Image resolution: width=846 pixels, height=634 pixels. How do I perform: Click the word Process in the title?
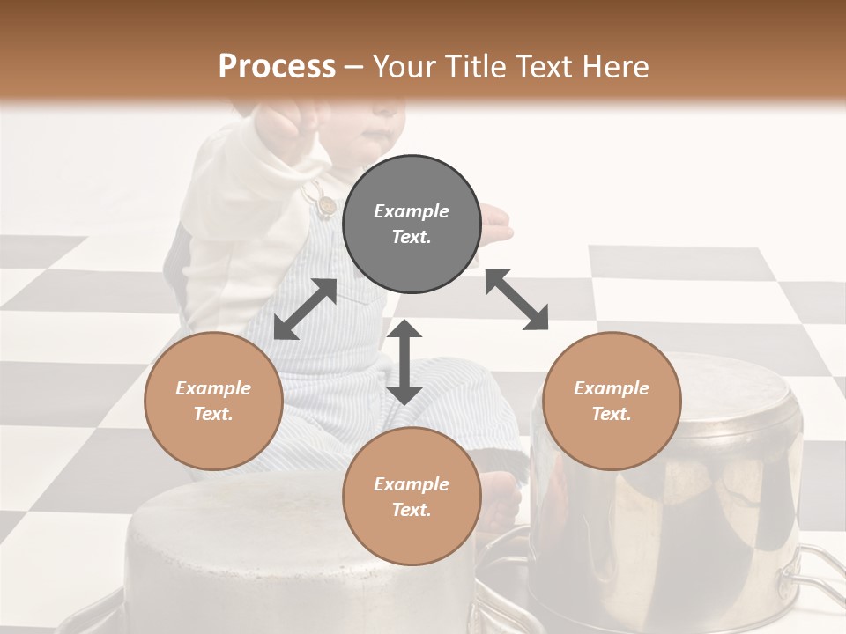[x=277, y=67]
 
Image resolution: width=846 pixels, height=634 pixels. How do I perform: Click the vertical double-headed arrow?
[x=404, y=362]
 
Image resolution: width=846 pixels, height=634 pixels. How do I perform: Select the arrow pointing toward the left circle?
[x=305, y=309]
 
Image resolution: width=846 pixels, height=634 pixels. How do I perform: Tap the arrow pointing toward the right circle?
[x=516, y=299]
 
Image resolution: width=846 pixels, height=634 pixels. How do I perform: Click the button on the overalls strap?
[x=327, y=205]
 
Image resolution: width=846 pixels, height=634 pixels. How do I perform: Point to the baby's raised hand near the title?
[x=291, y=123]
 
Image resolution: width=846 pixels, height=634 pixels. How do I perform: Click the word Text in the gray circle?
[x=412, y=237]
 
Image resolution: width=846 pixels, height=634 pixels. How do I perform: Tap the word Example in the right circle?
[x=612, y=388]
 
